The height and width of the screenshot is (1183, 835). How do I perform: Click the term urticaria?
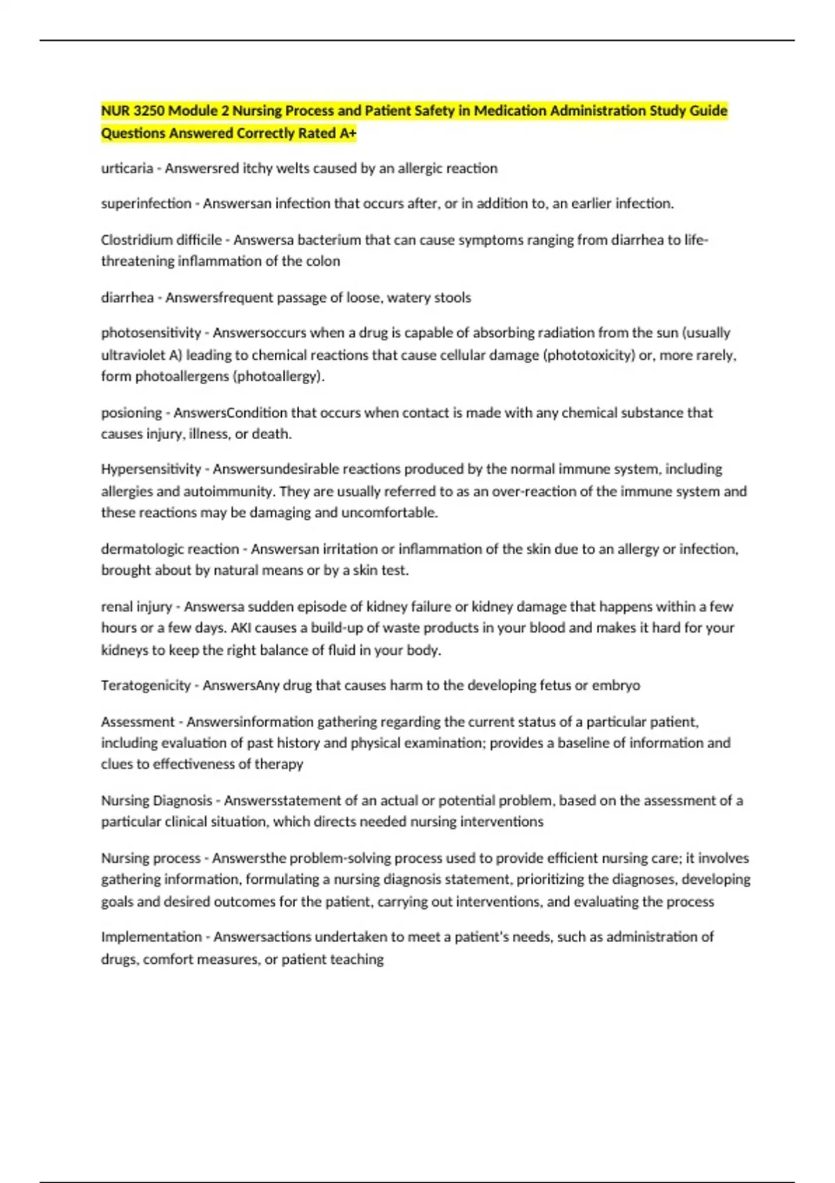tap(127, 168)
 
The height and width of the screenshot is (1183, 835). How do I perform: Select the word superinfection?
tap(146, 204)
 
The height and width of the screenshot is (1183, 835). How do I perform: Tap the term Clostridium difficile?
tap(161, 240)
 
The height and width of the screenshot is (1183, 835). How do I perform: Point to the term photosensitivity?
tap(151, 333)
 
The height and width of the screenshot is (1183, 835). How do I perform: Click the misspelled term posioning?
tap(132, 413)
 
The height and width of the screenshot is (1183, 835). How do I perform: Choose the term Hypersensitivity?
tap(151, 469)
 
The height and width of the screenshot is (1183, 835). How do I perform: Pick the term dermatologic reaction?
tap(170, 549)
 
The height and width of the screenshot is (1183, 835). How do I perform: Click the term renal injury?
tap(136, 607)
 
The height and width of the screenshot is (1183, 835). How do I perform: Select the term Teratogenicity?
tap(145, 685)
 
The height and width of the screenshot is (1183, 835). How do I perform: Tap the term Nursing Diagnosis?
tap(157, 801)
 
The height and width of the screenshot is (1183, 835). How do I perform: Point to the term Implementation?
tap(151, 937)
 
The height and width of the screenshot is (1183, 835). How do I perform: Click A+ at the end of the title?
tap(347, 134)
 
